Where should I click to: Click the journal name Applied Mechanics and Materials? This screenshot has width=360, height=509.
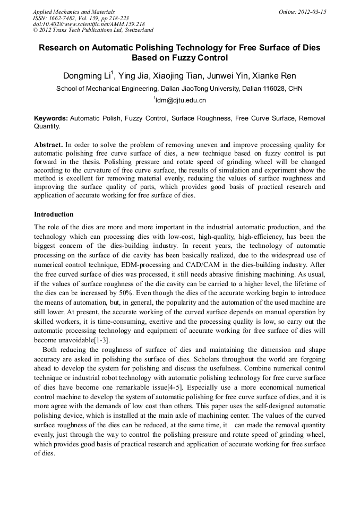pos(73,11)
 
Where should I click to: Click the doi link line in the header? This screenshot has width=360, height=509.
pos(88,24)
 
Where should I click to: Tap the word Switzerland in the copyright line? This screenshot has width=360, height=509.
pos(136,30)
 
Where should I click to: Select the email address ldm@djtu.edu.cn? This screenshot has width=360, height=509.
pos(181,100)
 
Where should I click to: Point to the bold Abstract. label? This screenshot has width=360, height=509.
pos(48,144)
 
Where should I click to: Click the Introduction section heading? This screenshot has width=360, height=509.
pos(54,214)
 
